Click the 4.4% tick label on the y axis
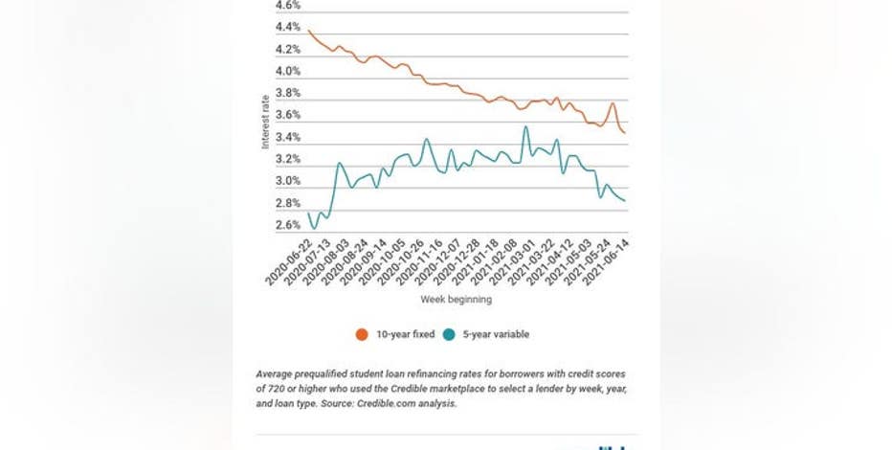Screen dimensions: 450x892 [286, 27]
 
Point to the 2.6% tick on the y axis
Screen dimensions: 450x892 [286, 225]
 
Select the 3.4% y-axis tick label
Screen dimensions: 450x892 [286, 137]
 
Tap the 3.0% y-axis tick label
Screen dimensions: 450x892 [286, 181]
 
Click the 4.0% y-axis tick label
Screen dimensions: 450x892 [286, 71]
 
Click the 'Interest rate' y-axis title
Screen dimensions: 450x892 [266, 122]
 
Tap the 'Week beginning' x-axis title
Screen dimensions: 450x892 [456, 300]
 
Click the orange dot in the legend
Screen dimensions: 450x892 [362, 334]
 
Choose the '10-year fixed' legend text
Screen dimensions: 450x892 [404, 334]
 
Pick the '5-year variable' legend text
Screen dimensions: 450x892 [498, 334]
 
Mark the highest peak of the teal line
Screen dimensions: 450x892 [525, 126]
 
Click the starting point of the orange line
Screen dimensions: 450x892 [308, 31]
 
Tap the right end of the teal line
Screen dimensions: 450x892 [626, 200]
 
